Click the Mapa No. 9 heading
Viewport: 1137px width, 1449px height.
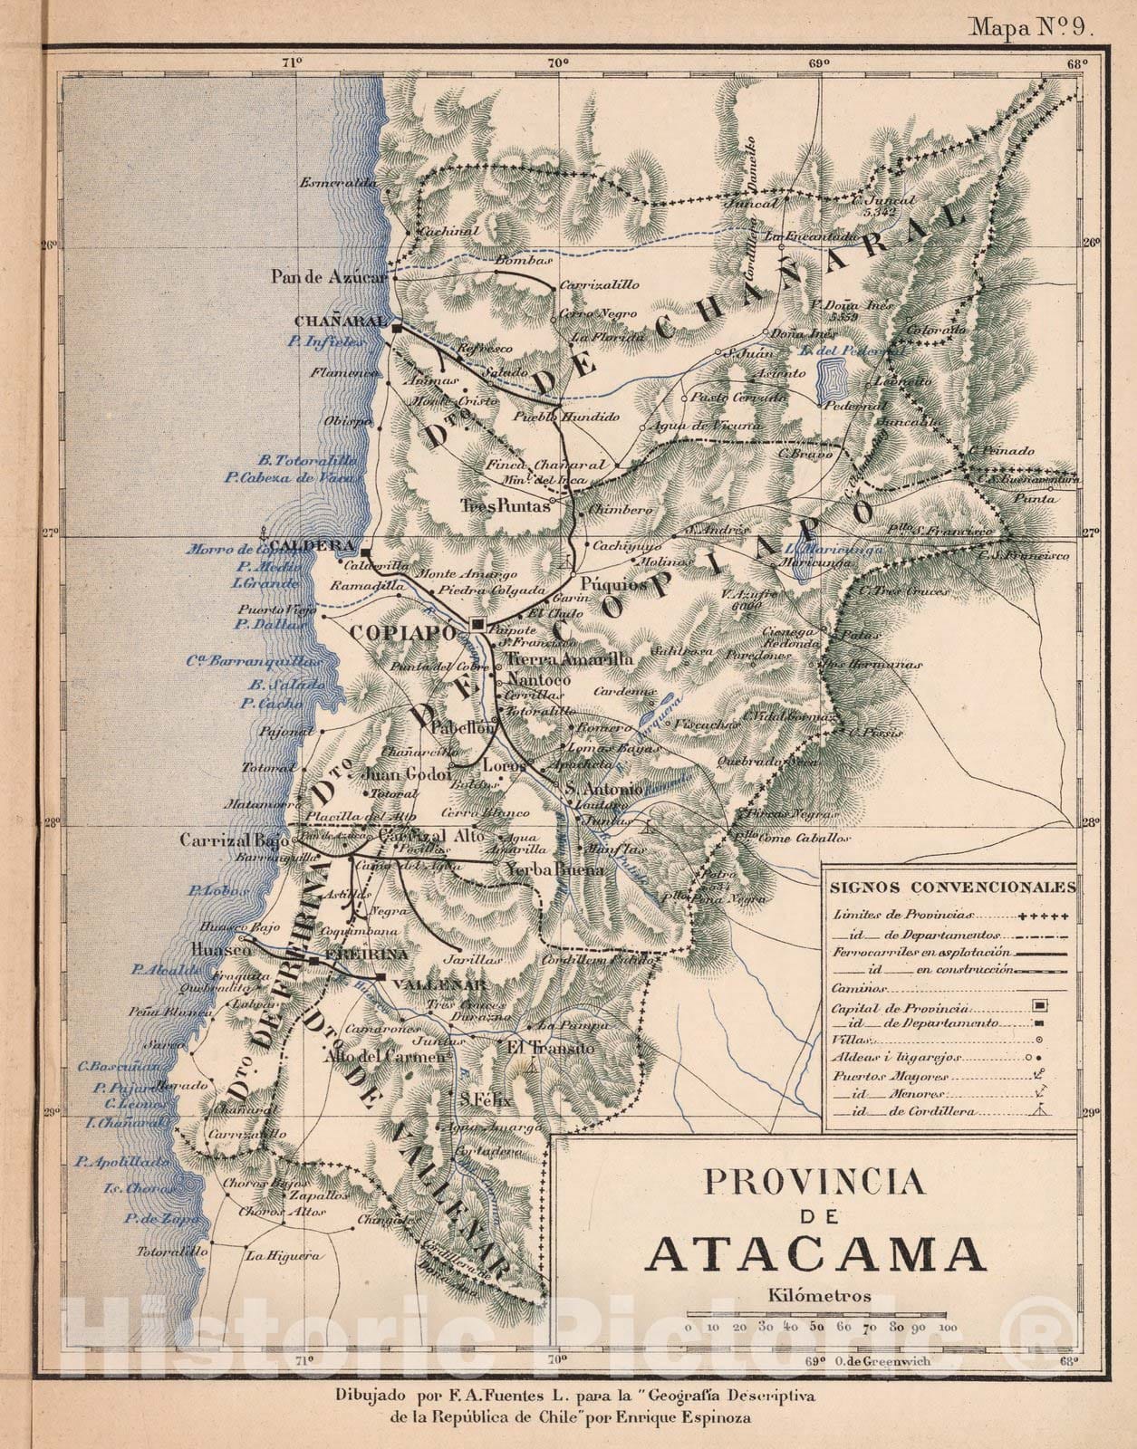(1034, 26)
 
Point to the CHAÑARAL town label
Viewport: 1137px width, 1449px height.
(340, 321)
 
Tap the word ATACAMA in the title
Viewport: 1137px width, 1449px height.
(816, 1253)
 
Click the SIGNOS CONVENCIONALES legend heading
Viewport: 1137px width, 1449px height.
(952, 887)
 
